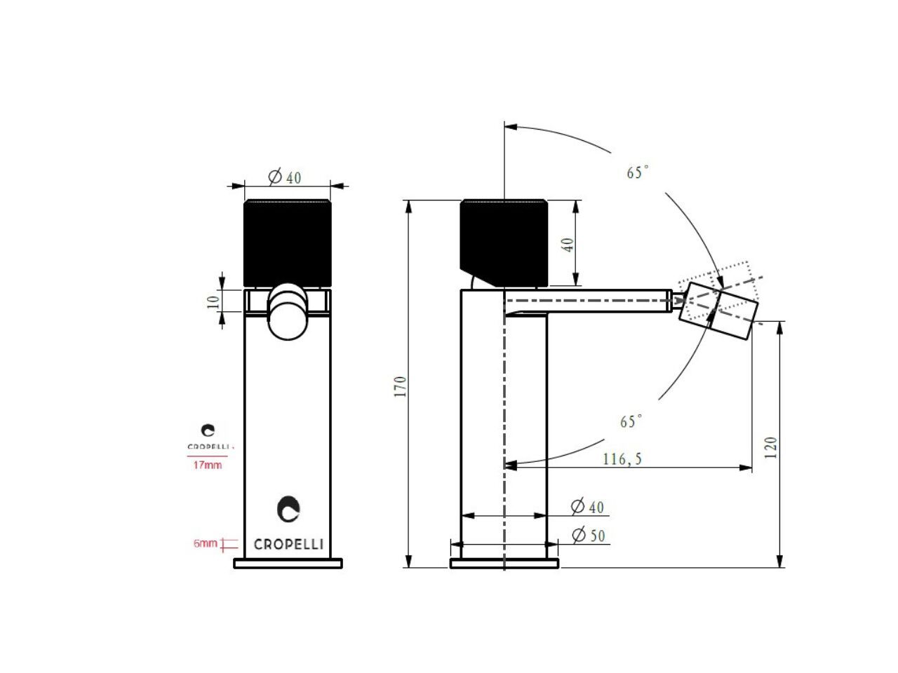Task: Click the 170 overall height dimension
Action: (x=400, y=386)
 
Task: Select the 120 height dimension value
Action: (x=770, y=447)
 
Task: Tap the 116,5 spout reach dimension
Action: (x=622, y=459)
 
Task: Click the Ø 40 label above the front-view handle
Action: (x=285, y=177)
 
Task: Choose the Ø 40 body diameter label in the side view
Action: (x=587, y=507)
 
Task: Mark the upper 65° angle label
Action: (x=638, y=172)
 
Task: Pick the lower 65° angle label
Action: (x=631, y=421)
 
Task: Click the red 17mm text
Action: (x=208, y=465)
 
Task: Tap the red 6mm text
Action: (x=205, y=543)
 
